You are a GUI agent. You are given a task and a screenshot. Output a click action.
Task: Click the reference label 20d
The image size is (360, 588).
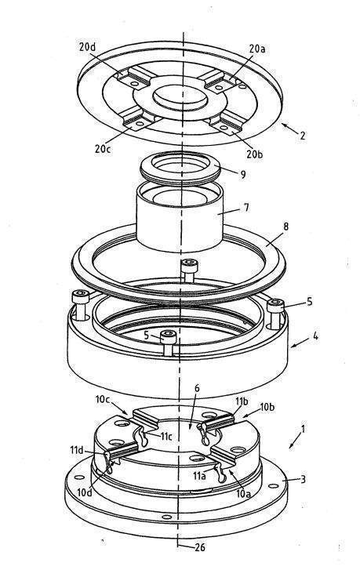point(87,46)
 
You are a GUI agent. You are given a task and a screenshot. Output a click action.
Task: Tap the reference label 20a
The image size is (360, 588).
point(257,49)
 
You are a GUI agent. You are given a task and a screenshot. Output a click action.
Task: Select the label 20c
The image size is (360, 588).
point(103,149)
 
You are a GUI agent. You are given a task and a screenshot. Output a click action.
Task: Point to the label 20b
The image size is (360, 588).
point(254,154)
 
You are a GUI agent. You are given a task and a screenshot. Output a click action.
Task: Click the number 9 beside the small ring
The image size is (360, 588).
point(243,174)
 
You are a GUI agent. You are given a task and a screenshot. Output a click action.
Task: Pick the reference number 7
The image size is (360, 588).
point(246,208)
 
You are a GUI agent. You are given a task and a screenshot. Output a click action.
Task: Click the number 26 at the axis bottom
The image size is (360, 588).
point(200,547)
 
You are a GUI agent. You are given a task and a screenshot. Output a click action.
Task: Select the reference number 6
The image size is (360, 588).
point(197,388)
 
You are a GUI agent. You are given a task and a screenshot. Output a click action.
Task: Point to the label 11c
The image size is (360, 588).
point(166,436)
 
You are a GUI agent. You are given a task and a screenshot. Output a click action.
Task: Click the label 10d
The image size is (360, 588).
point(85,493)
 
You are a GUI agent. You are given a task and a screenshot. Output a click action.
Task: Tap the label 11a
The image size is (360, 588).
point(199,476)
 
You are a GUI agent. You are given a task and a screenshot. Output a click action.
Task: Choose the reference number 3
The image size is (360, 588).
point(303,479)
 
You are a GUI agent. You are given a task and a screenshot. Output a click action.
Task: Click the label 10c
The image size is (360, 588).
point(102,399)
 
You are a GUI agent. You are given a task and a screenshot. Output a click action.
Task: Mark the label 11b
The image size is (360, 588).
point(242,401)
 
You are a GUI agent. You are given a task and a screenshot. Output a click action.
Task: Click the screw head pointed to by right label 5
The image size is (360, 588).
point(275,306)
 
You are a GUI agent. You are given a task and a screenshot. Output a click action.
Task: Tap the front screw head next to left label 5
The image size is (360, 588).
point(169,337)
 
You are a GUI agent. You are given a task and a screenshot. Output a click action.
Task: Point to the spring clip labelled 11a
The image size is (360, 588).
point(220,474)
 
